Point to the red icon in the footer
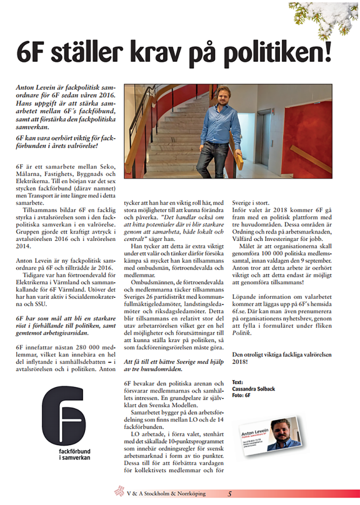[x=119, y=492]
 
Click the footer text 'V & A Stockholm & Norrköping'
[x=165, y=493]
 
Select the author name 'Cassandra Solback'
[x=253, y=388]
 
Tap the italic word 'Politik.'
[x=243, y=333]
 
